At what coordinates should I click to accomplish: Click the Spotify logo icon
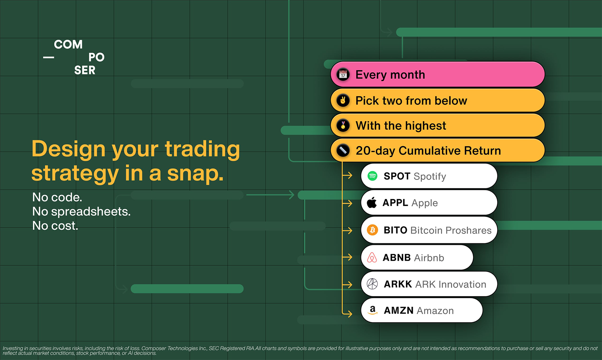pos(372,176)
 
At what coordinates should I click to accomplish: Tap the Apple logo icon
pos(372,203)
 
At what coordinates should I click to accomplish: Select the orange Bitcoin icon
pos(373,230)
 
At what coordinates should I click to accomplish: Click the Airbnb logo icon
pos(372,257)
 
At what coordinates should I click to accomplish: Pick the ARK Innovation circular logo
pos(372,284)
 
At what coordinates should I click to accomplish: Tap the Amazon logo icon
pos(373,310)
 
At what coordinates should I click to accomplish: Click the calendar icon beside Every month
pos(343,75)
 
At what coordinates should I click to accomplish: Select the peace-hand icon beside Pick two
pos(343,100)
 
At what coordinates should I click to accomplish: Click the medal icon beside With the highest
pos(343,125)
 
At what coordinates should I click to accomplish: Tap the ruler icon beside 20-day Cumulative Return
pos(343,150)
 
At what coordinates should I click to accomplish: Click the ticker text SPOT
pos(397,176)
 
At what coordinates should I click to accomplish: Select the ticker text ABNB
pos(397,257)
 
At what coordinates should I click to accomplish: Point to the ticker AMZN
pos(398,310)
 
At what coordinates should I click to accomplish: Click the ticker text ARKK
pos(398,284)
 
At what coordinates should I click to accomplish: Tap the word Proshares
pos(468,230)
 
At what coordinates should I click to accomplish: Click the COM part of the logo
pos(68,44)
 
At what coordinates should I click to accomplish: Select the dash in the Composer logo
pos(49,57)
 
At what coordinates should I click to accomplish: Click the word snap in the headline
pos(195,174)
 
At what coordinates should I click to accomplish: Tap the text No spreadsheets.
pos(81,212)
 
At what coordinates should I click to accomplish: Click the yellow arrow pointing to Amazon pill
pos(347,314)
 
